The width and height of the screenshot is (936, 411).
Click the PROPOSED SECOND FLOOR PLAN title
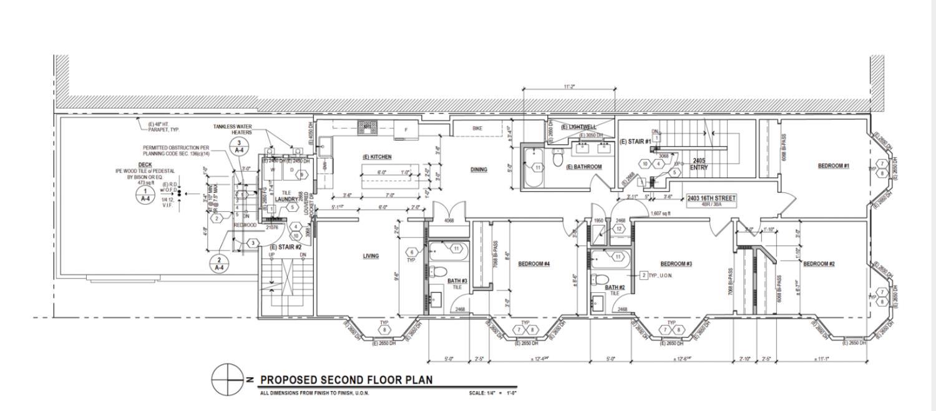pyautogui.click(x=346, y=380)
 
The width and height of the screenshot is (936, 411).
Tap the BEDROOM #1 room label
pyautogui.click(x=834, y=166)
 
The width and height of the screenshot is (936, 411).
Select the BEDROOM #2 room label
pyautogui.click(x=819, y=264)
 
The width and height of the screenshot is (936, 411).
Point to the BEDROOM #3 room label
pyautogui.click(x=676, y=264)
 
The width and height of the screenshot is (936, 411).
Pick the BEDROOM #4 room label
pyautogui.click(x=534, y=264)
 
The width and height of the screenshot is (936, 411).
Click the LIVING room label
pyautogui.click(x=371, y=255)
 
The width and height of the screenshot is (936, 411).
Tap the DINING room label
pyautogui.click(x=479, y=169)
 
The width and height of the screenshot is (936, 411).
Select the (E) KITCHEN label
pyautogui.click(x=376, y=157)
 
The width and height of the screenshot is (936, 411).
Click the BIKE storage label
pyautogui.click(x=477, y=129)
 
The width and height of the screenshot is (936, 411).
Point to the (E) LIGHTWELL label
pyautogui.click(x=578, y=127)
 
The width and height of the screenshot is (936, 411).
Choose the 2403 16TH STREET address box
pyautogui.click(x=711, y=200)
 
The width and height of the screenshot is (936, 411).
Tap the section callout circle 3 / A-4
pyautogui.click(x=242, y=147)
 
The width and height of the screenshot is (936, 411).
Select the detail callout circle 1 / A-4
pyautogui.click(x=145, y=195)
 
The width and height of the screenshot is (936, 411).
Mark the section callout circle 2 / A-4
pyautogui.click(x=219, y=264)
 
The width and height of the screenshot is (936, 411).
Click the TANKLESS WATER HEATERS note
pyautogui.click(x=232, y=129)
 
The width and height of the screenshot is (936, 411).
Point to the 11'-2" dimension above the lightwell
pyautogui.click(x=568, y=87)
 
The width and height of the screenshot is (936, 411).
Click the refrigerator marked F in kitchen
pyautogui.click(x=407, y=130)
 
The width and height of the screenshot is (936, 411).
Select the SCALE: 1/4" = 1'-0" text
pyautogui.click(x=492, y=393)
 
